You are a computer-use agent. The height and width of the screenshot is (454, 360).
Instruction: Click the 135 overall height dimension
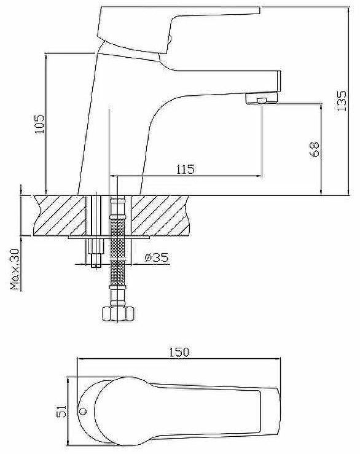point(342,101)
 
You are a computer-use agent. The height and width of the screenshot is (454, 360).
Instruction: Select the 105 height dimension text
point(40,124)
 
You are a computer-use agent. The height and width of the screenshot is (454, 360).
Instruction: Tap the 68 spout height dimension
point(315,149)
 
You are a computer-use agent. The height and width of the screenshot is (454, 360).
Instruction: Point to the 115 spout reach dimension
point(186,169)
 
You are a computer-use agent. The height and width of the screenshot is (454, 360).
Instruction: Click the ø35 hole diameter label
point(157,257)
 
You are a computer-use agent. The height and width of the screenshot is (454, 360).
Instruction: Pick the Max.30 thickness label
point(15,269)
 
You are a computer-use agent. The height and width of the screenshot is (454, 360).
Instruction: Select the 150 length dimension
point(179,352)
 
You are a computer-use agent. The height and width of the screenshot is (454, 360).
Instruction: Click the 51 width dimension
point(61,411)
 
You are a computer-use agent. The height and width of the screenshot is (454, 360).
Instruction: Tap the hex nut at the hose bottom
point(119,314)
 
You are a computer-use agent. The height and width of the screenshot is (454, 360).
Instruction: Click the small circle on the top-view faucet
point(83,411)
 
